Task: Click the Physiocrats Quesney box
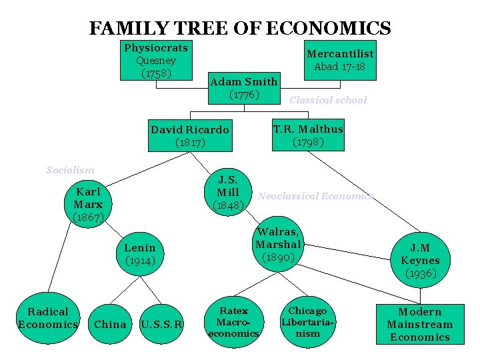(x=156, y=60)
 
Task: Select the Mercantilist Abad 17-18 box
(x=339, y=60)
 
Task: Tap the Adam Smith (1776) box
(x=243, y=88)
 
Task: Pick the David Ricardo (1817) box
(x=189, y=135)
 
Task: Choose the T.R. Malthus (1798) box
(x=308, y=135)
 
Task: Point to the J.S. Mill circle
(x=228, y=191)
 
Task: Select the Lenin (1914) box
(x=140, y=254)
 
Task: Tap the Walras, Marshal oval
(x=279, y=244)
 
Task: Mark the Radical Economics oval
(x=47, y=318)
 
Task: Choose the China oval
(x=110, y=325)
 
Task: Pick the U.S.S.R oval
(x=162, y=325)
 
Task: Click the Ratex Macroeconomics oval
(x=233, y=321)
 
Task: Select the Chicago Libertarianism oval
(x=307, y=321)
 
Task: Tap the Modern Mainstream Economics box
(x=419, y=324)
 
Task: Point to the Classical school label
(x=327, y=100)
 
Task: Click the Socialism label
(x=70, y=170)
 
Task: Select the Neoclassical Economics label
(x=315, y=196)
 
